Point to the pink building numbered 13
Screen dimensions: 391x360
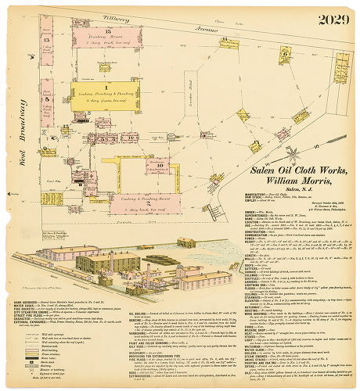tap(47, 47)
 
